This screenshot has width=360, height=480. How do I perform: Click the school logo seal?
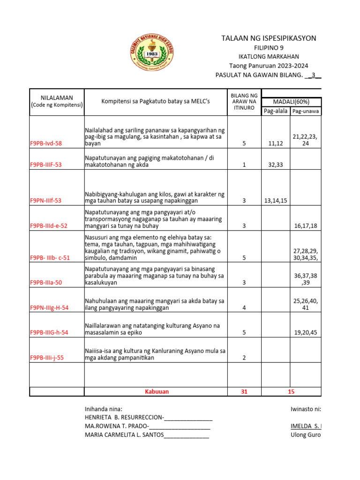[x=150, y=53]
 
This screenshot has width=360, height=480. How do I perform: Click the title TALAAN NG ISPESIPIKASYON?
[x=269, y=38]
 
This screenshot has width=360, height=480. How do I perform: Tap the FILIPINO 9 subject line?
[x=269, y=48]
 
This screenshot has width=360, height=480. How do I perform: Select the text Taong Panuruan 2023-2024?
[x=269, y=66]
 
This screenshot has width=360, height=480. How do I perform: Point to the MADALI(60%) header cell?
[x=291, y=102]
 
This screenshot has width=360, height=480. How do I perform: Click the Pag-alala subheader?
[x=276, y=111]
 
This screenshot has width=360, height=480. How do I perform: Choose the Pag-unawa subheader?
[x=306, y=111]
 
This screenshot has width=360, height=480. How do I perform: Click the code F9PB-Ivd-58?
[x=46, y=144]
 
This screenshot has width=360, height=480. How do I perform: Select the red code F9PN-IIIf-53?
[x=46, y=201]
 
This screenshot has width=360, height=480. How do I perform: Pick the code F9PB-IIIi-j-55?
[x=48, y=358]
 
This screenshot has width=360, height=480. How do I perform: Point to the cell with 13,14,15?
[x=276, y=201]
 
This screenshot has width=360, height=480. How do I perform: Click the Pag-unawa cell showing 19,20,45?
[x=306, y=332]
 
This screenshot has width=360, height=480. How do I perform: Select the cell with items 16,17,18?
[x=306, y=226]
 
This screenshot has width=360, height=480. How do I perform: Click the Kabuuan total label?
[x=156, y=391]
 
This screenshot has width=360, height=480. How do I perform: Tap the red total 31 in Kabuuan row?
[x=244, y=391]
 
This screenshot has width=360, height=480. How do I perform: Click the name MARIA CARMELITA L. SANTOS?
[x=124, y=435]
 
